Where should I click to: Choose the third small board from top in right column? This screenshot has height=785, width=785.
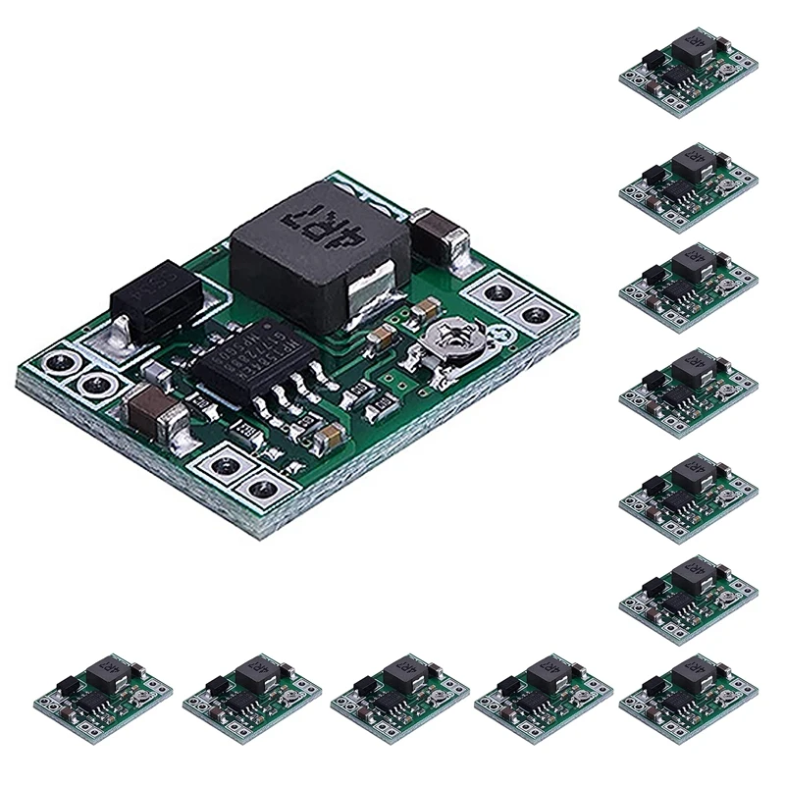point(691,284)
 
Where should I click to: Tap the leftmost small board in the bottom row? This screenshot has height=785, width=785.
point(106,697)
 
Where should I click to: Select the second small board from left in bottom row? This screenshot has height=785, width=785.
point(253,697)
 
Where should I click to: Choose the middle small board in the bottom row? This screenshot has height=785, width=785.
point(399,697)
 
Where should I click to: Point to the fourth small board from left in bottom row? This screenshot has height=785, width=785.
point(545,697)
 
